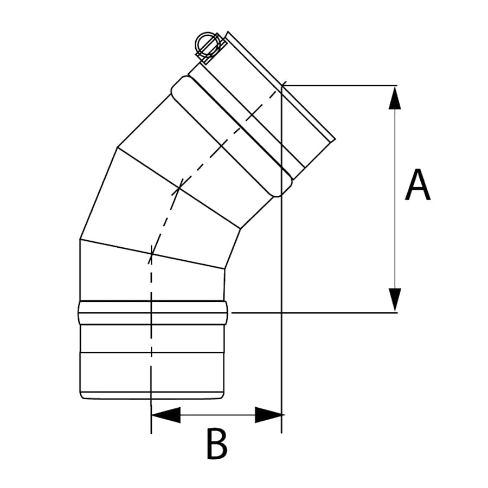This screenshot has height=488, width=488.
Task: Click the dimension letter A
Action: (418, 185)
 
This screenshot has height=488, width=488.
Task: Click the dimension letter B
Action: (216, 444)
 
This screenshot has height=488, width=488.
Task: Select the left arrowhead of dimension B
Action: (164, 415)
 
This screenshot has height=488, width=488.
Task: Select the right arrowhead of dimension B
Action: (269, 415)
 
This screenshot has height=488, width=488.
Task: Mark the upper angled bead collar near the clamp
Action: (228, 136)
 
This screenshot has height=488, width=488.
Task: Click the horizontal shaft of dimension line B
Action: (217, 415)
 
